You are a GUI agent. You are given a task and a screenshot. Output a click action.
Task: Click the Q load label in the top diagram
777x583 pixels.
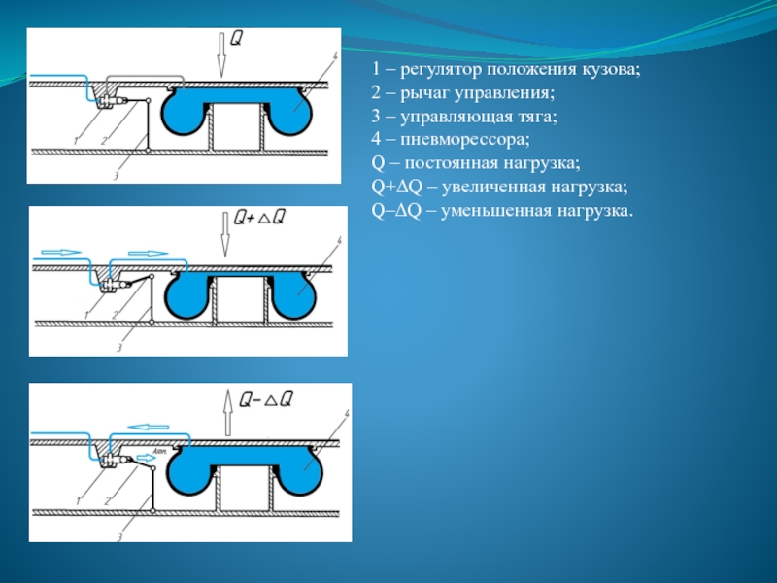click(x=236, y=40)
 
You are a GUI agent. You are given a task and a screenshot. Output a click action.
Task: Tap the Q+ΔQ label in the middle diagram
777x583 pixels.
click(x=259, y=219)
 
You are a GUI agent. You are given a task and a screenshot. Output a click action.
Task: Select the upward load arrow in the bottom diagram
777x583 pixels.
click(x=227, y=413)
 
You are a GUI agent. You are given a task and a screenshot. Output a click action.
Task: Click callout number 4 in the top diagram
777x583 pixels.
click(x=333, y=55)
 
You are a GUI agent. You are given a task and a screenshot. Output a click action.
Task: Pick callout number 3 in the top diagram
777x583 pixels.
click(x=116, y=176)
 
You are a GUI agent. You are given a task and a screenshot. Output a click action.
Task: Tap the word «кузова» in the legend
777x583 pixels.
click(x=612, y=70)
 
